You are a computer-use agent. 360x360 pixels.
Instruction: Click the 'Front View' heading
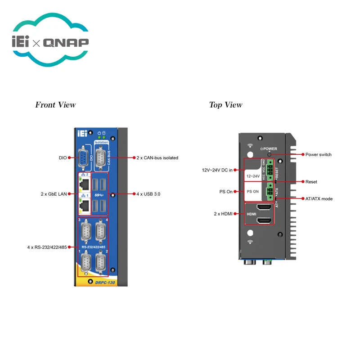coord(55,105)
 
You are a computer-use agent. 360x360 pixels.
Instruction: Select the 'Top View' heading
coord(225,105)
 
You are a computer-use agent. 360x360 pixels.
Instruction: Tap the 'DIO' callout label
coord(63,158)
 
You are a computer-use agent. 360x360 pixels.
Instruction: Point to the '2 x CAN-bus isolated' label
coord(157,158)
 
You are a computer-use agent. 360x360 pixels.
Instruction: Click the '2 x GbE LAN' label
coord(53,194)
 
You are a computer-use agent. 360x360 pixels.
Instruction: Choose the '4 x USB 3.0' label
coord(148,194)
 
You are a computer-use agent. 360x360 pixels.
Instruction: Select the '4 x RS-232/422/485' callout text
coord(47,247)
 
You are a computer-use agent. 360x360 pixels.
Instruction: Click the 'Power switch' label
coord(318,154)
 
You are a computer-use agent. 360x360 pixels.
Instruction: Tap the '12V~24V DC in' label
coord(217,170)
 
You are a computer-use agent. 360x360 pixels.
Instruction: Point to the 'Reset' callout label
coord(311,182)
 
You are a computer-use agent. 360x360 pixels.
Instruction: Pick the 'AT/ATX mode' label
coord(319,198)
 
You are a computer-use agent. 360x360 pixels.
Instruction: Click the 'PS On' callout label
coord(226,192)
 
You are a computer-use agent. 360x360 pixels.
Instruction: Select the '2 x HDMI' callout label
coord(223,214)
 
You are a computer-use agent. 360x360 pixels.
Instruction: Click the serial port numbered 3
coord(85,233)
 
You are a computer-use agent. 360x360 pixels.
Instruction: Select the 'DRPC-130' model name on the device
coord(102,282)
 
